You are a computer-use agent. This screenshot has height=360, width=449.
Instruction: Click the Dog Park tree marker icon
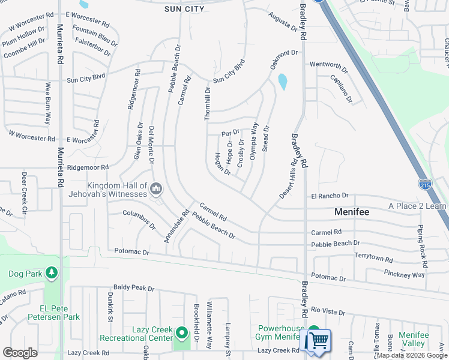[52, 274]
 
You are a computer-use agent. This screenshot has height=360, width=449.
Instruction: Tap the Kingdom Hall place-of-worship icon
[156, 190]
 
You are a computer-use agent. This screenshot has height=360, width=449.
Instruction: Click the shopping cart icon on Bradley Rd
[317, 341]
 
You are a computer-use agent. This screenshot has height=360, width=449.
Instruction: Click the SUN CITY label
[184, 9]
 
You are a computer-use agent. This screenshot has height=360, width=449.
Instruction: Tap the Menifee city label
[352, 212]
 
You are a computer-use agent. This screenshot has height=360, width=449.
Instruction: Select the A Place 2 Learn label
[418, 206]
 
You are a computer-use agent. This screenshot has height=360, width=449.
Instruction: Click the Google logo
[20, 353]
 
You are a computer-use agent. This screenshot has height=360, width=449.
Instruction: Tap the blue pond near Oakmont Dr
[282, 81]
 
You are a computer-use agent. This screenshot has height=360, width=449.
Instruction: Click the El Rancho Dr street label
[330, 196]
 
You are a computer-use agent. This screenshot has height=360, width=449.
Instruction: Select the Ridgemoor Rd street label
[88, 167]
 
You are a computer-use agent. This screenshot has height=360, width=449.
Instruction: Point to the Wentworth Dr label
[329, 65]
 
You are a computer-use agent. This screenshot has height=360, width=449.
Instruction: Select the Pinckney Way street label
[404, 274]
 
